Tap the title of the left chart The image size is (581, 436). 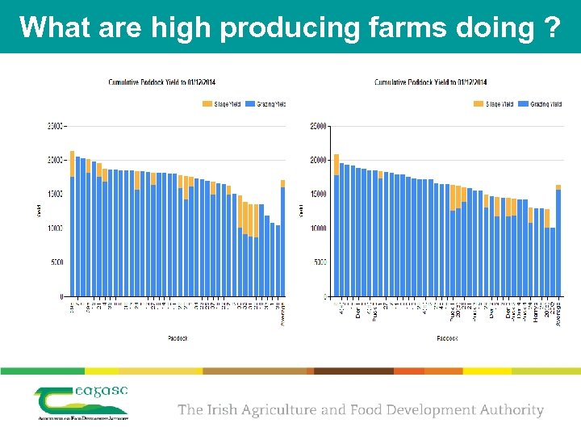click(x=168, y=82)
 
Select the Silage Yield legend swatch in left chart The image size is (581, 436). click(x=207, y=104)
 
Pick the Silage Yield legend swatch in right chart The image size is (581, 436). click(x=479, y=104)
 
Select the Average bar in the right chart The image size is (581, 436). click(x=558, y=242)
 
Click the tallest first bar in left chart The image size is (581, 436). click(x=73, y=226)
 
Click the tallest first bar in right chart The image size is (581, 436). click(x=336, y=226)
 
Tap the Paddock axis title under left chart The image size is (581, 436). click(x=178, y=338)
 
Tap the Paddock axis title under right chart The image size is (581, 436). click(x=446, y=338)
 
